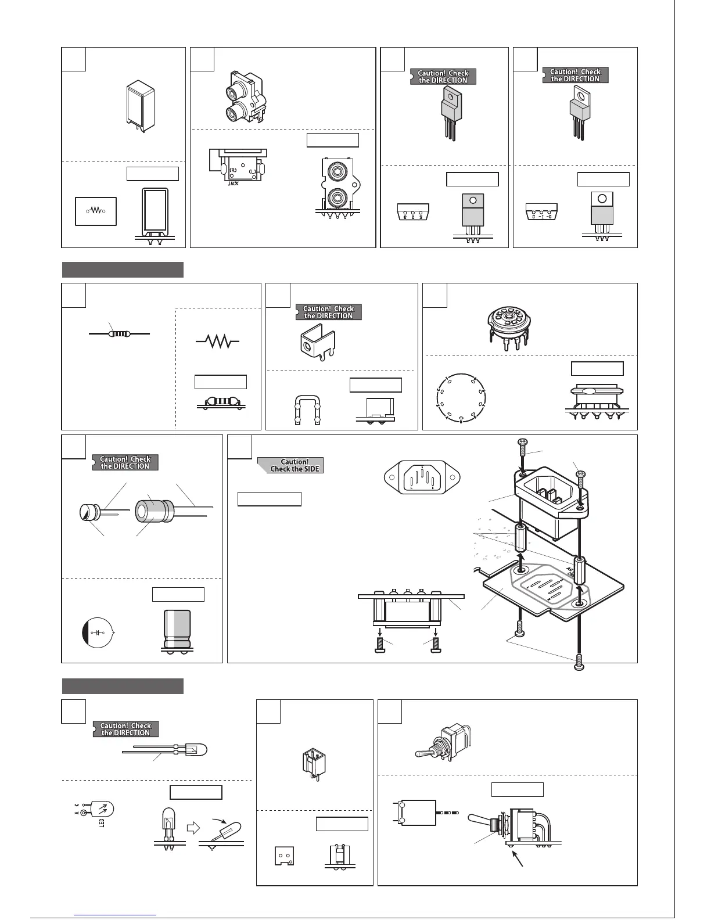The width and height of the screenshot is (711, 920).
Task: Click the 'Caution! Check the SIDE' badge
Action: [x=290, y=465]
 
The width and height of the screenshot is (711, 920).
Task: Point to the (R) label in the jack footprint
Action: [x=232, y=170]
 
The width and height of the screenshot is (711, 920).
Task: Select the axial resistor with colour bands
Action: [x=119, y=334]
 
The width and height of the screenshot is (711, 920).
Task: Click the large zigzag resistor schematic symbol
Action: [x=218, y=342]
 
